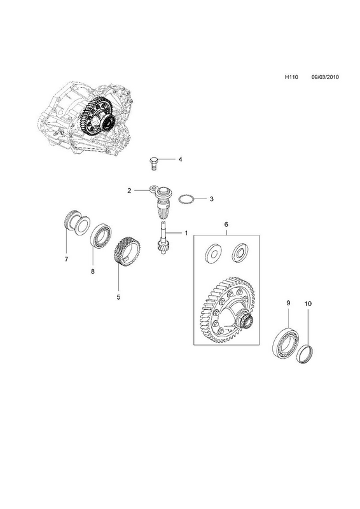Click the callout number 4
click(180, 160)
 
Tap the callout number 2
click(129, 190)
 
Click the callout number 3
click(212, 199)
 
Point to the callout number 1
click(186, 233)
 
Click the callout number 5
click(118, 296)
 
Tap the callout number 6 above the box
click(226, 225)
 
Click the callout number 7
click(67, 260)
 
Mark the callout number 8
click(93, 272)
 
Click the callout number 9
click(288, 303)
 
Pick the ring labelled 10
click(306, 355)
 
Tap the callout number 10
click(308, 304)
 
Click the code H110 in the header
click(291, 77)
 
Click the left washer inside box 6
click(212, 253)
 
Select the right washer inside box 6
click(240, 252)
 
